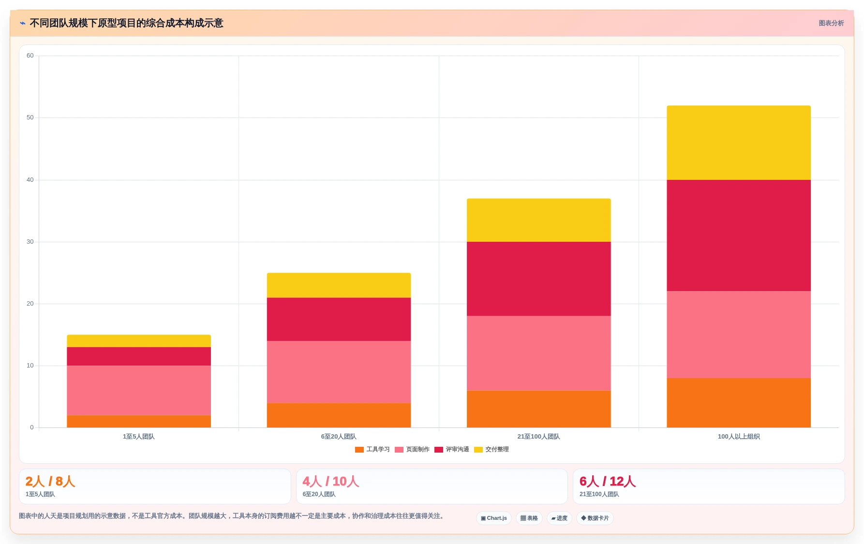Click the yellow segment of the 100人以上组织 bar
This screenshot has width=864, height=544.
(x=739, y=143)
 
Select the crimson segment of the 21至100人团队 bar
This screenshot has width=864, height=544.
(x=538, y=279)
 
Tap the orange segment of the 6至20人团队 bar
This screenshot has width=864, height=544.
(x=339, y=415)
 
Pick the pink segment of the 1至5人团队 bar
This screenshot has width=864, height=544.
(x=139, y=390)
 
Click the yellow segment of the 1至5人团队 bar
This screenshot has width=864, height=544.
(x=139, y=341)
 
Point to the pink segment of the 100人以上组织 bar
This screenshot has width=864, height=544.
(x=739, y=335)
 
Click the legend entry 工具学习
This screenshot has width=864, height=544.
(x=372, y=449)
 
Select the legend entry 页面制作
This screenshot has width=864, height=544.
(x=412, y=449)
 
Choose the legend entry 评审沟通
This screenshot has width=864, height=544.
(x=452, y=449)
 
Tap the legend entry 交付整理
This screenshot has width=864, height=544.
(x=492, y=449)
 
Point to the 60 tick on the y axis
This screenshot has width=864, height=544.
(x=30, y=56)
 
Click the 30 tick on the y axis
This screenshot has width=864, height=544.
(x=30, y=242)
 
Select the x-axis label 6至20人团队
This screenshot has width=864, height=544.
(x=339, y=437)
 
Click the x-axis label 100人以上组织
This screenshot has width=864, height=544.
(x=739, y=437)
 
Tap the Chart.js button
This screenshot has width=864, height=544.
(x=494, y=518)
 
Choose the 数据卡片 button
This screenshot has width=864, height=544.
(x=595, y=518)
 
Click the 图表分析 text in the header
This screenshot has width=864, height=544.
(x=831, y=23)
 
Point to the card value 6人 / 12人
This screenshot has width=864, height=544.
(x=608, y=481)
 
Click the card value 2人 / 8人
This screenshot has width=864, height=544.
(x=50, y=481)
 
